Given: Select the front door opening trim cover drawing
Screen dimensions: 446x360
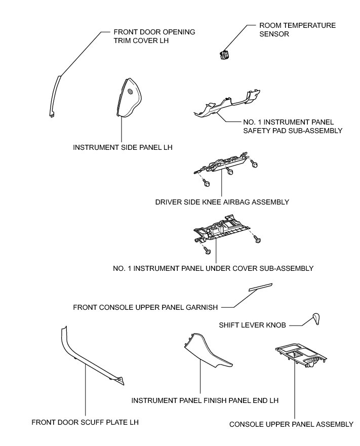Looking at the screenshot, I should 56,96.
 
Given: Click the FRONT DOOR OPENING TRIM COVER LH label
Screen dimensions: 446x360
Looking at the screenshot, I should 140,35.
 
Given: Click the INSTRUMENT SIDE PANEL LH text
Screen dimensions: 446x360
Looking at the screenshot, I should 123,147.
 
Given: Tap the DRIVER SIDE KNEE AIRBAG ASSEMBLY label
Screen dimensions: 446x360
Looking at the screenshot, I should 222,202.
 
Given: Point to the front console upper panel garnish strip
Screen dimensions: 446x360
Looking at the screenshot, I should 260,287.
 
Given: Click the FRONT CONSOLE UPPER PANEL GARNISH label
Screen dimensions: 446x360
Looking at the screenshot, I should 145,307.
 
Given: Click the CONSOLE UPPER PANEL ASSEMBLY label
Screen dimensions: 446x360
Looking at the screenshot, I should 291,424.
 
